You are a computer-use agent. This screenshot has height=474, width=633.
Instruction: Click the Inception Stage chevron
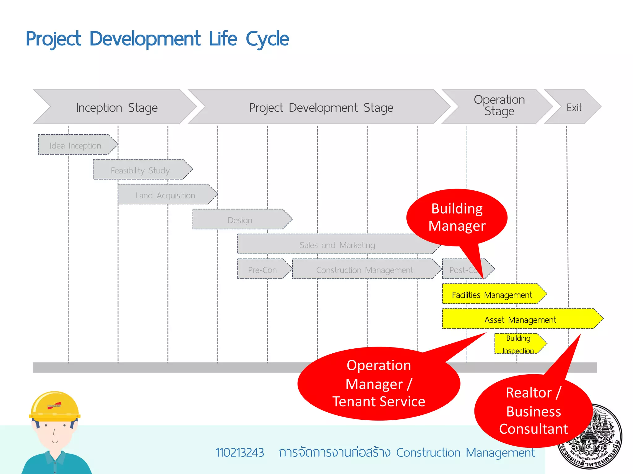click(x=117, y=107)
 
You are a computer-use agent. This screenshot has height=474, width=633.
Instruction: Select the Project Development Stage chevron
click(x=321, y=107)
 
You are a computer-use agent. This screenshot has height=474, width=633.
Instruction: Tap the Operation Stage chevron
click(x=499, y=106)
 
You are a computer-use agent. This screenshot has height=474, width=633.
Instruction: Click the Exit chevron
click(x=574, y=107)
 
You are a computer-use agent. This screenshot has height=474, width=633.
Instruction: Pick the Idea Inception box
click(x=76, y=145)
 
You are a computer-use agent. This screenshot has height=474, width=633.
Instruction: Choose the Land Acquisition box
click(x=165, y=195)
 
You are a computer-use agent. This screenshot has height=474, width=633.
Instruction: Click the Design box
click(x=240, y=220)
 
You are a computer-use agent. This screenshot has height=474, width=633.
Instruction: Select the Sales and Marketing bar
click(x=337, y=245)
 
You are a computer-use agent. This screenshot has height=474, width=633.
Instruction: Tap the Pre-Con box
click(x=262, y=270)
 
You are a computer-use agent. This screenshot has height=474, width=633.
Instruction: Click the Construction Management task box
click(x=365, y=270)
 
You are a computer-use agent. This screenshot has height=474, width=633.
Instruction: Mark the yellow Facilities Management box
click(x=492, y=295)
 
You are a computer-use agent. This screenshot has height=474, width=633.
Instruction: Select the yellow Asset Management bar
click(x=520, y=319)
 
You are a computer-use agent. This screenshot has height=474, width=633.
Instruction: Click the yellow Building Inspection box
click(x=518, y=344)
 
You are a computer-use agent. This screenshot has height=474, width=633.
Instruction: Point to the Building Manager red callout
click(x=457, y=217)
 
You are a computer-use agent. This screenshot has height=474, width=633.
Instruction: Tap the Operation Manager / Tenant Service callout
click(x=379, y=384)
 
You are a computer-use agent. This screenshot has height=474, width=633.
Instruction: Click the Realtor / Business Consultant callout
click(x=533, y=411)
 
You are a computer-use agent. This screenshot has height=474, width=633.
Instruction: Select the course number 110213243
click(x=240, y=453)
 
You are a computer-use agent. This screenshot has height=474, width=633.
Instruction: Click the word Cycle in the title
click(x=267, y=39)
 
